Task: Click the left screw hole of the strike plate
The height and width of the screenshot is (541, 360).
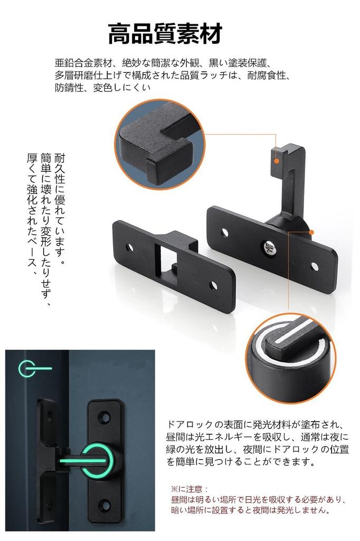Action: (131, 246)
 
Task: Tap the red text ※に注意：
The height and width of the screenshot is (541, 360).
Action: (191, 490)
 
